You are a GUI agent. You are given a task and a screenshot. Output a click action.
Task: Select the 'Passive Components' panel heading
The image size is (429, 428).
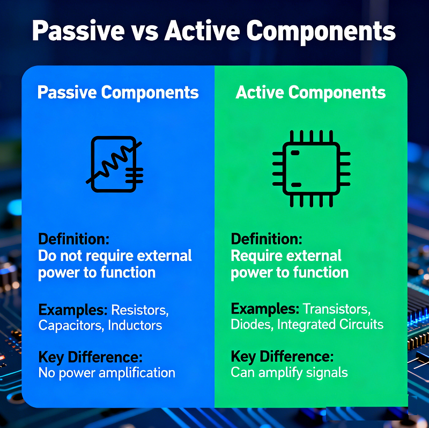click(x=118, y=92)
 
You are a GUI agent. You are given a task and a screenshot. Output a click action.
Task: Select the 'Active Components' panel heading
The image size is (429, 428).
click(x=310, y=92)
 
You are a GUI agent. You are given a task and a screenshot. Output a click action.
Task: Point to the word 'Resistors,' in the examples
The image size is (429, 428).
click(x=140, y=310)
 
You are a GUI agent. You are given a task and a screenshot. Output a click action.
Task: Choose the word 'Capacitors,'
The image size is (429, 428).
click(x=71, y=325)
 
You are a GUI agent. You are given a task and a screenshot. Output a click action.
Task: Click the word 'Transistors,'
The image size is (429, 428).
click(x=336, y=309)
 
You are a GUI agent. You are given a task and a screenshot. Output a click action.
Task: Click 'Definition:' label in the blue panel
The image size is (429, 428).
click(x=73, y=238)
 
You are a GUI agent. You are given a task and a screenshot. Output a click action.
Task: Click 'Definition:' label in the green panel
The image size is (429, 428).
click(x=266, y=238)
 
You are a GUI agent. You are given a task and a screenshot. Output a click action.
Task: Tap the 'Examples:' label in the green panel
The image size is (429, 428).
click(x=265, y=309)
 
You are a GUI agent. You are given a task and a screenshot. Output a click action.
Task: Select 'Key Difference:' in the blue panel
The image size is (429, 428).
click(x=90, y=357)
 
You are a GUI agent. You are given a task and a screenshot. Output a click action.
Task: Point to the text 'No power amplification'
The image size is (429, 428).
click(x=107, y=373)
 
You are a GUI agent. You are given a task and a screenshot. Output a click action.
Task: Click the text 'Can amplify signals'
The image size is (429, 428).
click(x=289, y=372)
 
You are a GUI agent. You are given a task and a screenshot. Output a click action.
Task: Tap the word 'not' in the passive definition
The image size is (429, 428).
click(x=71, y=256)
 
